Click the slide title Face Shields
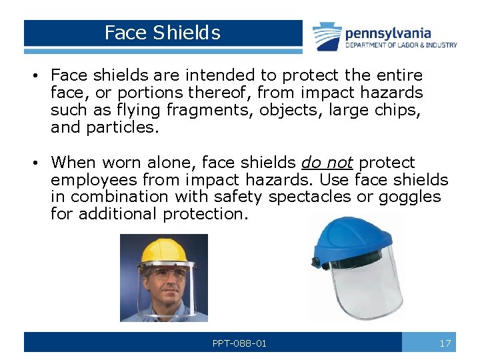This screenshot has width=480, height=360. point(162,33)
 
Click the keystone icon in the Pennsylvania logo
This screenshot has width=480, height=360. point(328,37)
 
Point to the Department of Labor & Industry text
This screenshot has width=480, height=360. point(401,45)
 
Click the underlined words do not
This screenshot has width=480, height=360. point(326,163)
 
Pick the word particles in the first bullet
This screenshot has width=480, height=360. point(123,127)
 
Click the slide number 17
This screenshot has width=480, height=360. point(445,343)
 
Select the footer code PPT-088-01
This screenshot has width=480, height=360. point(239,343)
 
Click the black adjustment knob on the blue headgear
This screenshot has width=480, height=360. point(317,262)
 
